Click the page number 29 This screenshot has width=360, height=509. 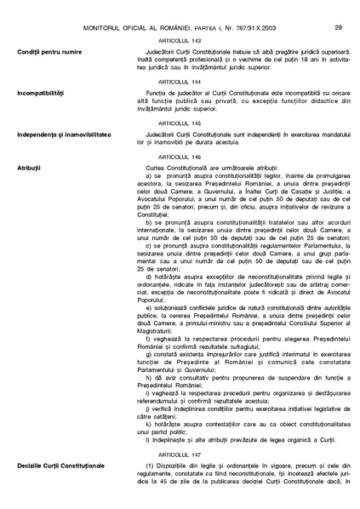point(338,8)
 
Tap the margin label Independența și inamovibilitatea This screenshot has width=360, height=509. point(62,134)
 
